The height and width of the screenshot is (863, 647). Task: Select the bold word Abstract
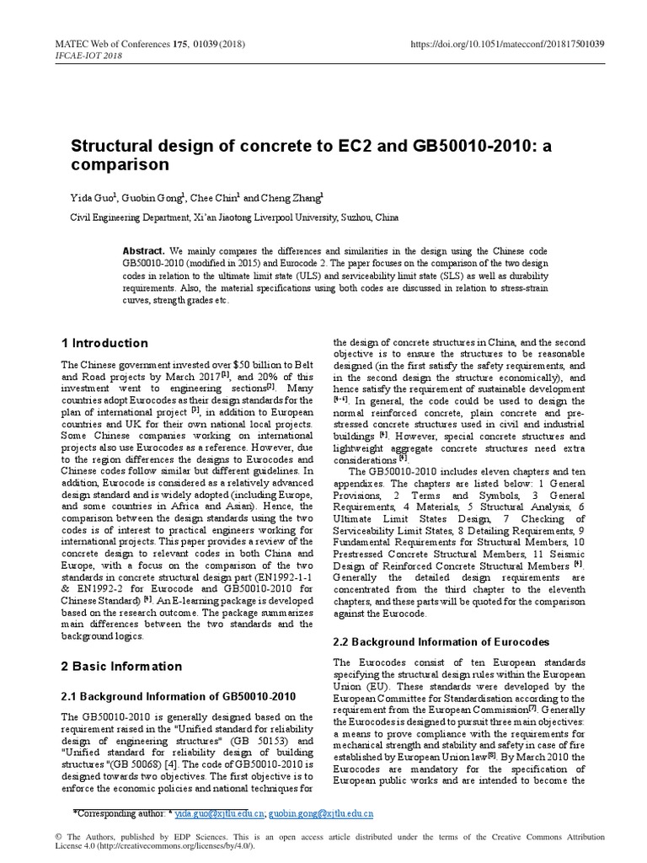[x=143, y=252]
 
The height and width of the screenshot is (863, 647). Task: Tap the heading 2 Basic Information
[x=121, y=666]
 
